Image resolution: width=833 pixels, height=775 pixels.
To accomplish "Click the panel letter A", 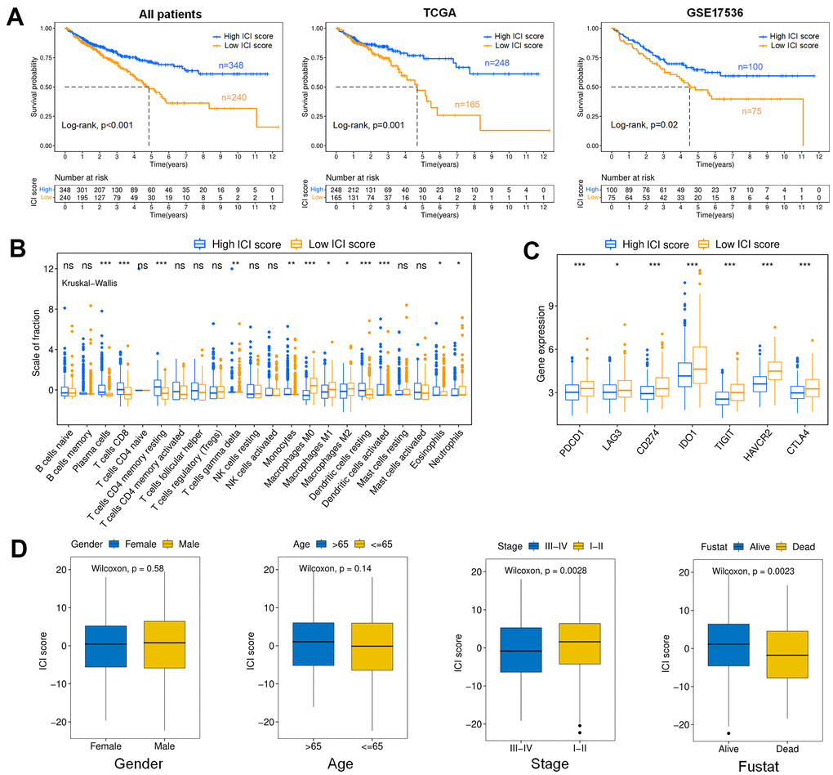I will tap(15, 16).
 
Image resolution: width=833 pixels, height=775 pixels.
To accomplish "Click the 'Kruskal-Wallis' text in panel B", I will tap(92, 283).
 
